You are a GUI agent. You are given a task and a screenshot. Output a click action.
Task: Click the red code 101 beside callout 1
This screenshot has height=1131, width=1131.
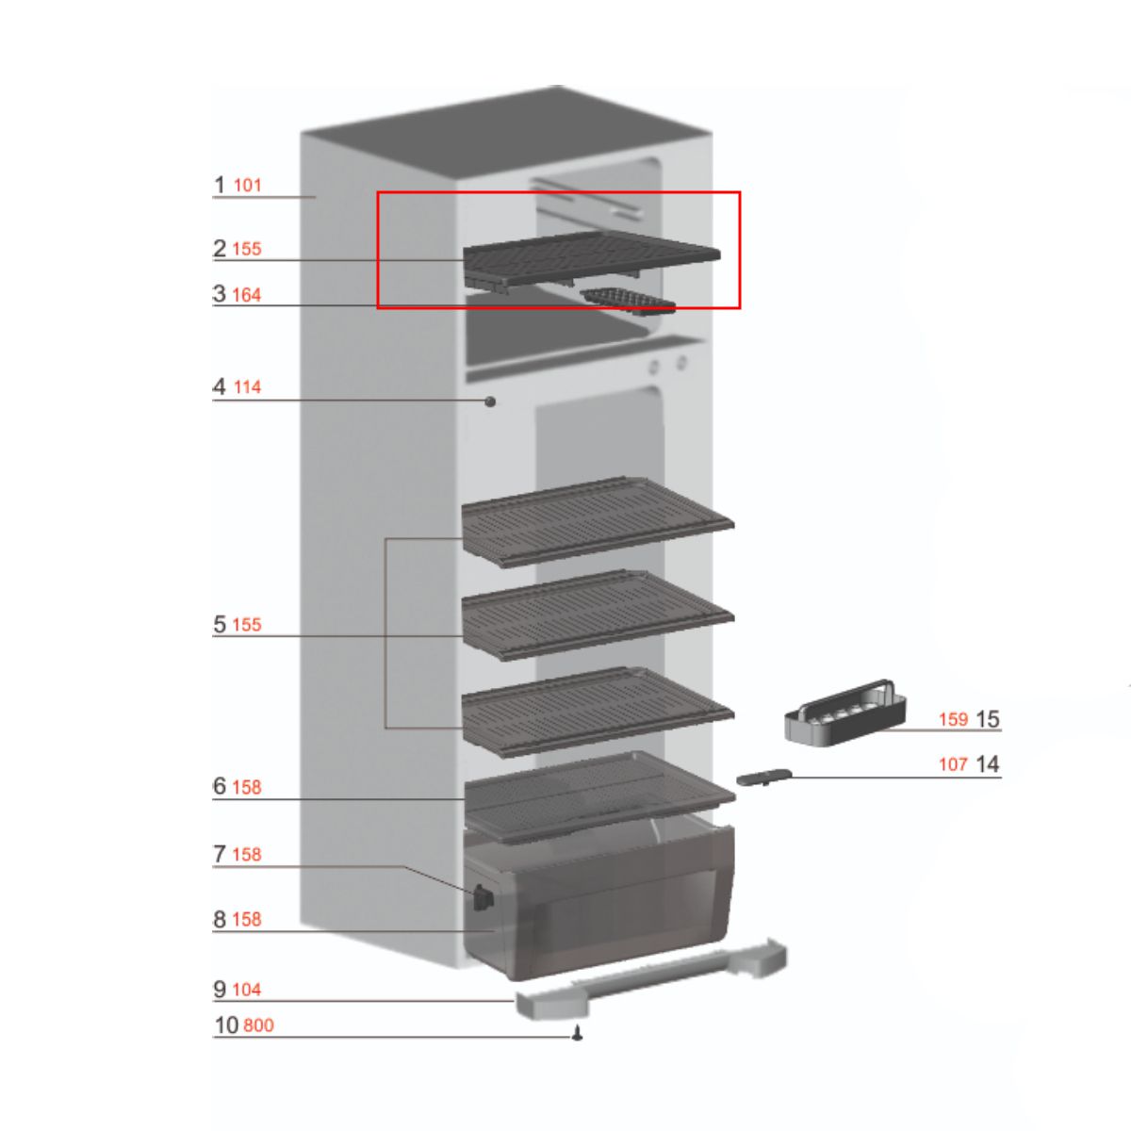(x=247, y=186)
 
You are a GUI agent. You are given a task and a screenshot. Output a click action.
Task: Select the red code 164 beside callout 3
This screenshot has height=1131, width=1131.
(x=246, y=295)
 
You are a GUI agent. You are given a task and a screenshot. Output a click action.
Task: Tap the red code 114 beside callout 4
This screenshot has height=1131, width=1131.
(x=247, y=387)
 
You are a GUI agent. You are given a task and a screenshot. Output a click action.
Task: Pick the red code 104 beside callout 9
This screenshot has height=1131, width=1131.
(x=246, y=990)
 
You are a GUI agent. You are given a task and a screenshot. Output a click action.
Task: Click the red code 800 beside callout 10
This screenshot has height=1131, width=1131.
(x=258, y=1025)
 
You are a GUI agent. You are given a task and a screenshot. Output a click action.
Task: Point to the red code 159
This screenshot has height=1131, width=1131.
(x=953, y=719)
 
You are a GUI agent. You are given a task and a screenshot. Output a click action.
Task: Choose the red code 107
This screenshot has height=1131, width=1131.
(x=953, y=764)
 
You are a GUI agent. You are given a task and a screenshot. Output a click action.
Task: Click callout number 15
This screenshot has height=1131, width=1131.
(x=987, y=719)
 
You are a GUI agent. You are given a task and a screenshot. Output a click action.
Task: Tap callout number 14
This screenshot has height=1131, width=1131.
(x=987, y=764)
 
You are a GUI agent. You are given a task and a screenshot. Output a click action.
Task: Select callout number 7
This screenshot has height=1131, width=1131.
(x=220, y=854)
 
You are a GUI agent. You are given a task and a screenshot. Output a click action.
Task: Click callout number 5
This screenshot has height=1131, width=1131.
(x=220, y=624)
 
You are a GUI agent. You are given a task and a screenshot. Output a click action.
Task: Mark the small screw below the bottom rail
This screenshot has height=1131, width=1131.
(x=578, y=1035)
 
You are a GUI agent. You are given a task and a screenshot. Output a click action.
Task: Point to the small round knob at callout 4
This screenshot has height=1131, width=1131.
(x=490, y=402)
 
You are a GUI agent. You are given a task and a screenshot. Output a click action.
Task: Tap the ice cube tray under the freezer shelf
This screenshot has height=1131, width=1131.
(x=630, y=301)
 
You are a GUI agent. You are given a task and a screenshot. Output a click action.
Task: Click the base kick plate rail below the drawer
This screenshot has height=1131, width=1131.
(x=650, y=980)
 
